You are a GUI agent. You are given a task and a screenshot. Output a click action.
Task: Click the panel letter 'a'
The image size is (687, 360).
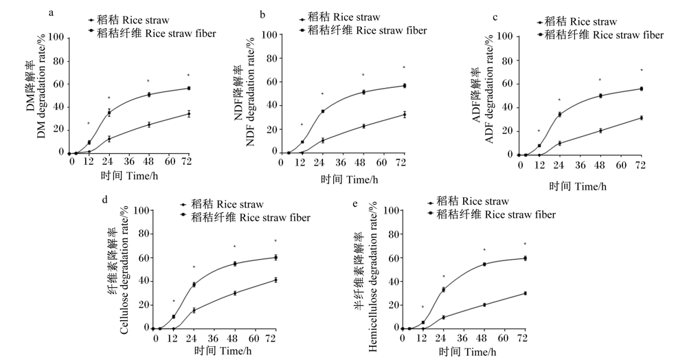pos(52,13)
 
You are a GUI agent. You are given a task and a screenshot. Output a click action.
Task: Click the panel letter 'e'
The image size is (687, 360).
pos(354,203)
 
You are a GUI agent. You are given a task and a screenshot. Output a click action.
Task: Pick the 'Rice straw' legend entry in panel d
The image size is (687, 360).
pos(222,204)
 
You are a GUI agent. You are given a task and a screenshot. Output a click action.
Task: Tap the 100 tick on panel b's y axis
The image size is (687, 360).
pos(269,35)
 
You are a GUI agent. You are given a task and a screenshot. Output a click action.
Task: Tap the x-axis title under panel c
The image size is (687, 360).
pos(578,186)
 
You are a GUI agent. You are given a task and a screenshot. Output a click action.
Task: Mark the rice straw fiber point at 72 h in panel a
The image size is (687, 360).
pos(189,88)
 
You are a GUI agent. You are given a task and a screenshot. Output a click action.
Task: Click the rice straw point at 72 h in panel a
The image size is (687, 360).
pos(189,114)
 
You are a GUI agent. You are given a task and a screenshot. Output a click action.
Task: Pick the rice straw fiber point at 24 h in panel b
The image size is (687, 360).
pos(323,111)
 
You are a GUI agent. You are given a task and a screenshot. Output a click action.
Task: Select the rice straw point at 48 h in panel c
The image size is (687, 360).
pos(600,131)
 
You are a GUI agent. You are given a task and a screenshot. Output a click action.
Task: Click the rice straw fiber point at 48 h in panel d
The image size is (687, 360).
pos(235,264)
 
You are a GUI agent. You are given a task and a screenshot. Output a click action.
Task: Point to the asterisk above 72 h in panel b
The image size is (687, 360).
pos(405,67)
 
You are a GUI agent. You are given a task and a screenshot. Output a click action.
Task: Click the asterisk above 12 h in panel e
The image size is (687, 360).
pos(423,307)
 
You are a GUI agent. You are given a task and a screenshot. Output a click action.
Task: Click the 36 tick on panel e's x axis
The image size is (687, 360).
pos(463,339)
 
